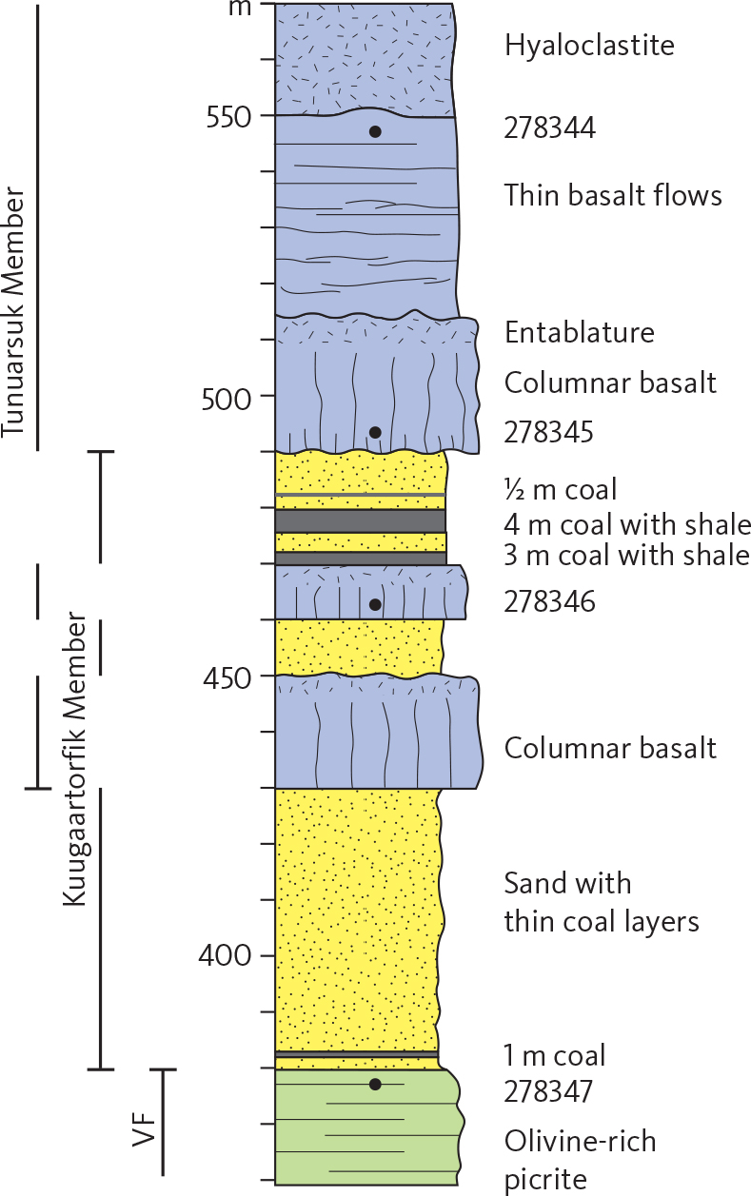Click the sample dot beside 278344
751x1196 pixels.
point(375,131)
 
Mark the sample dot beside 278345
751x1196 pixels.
point(375,433)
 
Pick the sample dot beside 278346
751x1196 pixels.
point(375,604)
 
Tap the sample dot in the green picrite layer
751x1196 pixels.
point(375,1084)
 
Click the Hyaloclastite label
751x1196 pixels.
point(589,45)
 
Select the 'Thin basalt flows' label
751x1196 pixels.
point(613,196)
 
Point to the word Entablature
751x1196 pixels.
point(580,333)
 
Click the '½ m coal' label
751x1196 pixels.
point(561,490)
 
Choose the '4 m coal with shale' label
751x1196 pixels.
point(627,524)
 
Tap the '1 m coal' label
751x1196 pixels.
point(554,1055)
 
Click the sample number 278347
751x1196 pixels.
point(549,1091)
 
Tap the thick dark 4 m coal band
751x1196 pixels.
point(361,521)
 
